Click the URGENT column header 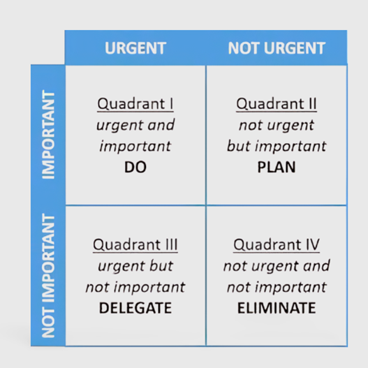[135, 48]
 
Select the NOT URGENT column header [277, 48]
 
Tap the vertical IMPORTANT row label [48, 135]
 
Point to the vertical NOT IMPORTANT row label [48, 276]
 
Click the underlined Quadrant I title [135, 104]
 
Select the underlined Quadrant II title [277, 104]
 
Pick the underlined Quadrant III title [135, 245]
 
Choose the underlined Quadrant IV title [277, 245]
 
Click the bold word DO [135, 167]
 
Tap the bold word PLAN [277, 167]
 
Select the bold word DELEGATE [135, 308]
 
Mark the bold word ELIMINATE [277, 308]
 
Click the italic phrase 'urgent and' [135, 125]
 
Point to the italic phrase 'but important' [277, 146]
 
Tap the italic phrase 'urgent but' [135, 266]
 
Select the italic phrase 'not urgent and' [277, 266]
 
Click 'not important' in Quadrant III [135, 287]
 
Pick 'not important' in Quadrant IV [277, 287]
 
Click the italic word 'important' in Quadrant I [135, 147]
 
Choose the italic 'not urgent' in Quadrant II [277, 125]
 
